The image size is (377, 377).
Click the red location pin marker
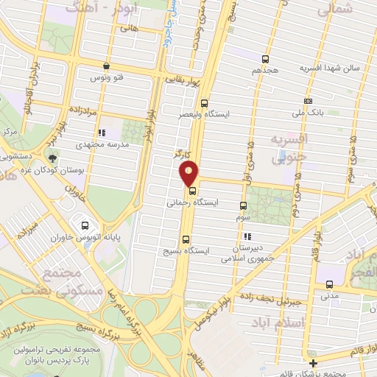pyautogui.click(x=189, y=175)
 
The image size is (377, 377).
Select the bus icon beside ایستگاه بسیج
pyautogui.click(x=185, y=239)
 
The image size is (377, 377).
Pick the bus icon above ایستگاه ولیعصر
pyautogui.click(x=204, y=104)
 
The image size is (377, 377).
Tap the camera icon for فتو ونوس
pyautogui.click(x=108, y=66)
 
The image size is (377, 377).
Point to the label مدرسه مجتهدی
pyautogui.click(x=98, y=145)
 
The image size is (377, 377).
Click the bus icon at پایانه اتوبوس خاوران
pyautogui.click(x=85, y=227)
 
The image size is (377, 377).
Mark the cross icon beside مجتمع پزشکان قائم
pyautogui.click(x=314, y=364)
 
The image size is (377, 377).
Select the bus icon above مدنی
pyautogui.click(x=329, y=284)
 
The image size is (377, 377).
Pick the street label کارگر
pyautogui.click(x=182, y=155)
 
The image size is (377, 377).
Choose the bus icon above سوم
pyautogui.click(x=244, y=207)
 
